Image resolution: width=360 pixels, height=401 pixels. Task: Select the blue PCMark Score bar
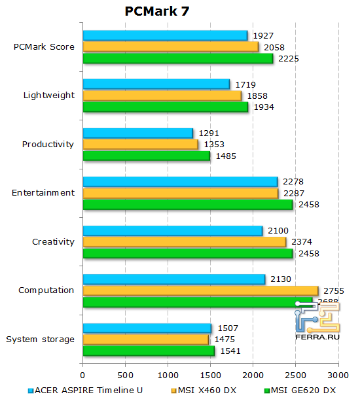point(165,35)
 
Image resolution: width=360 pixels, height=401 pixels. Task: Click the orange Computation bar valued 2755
point(200,290)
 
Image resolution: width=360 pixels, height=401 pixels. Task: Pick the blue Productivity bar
point(138,133)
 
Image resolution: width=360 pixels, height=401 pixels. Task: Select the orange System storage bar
point(145,339)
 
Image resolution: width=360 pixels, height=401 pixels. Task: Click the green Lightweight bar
point(165,107)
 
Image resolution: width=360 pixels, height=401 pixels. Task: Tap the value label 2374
point(300,242)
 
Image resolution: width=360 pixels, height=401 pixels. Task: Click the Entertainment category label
point(43,192)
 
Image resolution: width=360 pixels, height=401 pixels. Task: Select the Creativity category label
point(53,242)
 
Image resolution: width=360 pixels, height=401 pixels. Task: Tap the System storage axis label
point(40,339)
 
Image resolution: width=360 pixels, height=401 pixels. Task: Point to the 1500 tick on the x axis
point(210,375)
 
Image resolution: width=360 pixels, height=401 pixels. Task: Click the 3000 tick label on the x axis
point(338,375)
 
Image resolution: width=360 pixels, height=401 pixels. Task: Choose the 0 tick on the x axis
point(82,375)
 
